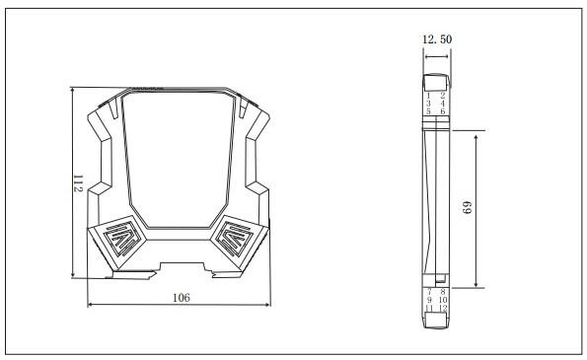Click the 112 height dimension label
coord(77,182)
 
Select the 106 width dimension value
coord(181,297)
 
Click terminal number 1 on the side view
coord(428,96)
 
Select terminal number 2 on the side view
coord(442,96)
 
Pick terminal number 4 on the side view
coord(442,104)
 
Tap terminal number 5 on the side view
coord(428,112)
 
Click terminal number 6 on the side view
coord(442,112)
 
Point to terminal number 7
coord(429,292)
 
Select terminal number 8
coord(443,292)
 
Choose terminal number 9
coord(429,300)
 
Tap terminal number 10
coord(443,300)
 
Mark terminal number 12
coord(443,309)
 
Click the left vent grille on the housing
coord(118,237)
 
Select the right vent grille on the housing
coord(239,237)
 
